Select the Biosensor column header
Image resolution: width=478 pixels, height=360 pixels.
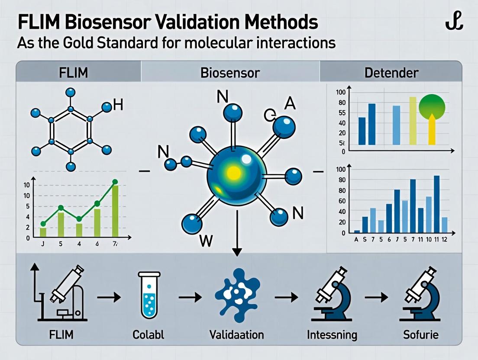[230, 72]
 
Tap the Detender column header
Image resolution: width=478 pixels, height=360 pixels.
[391, 72]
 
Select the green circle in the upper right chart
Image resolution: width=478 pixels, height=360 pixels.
[433, 106]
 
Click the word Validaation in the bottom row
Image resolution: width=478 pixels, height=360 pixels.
[236, 335]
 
